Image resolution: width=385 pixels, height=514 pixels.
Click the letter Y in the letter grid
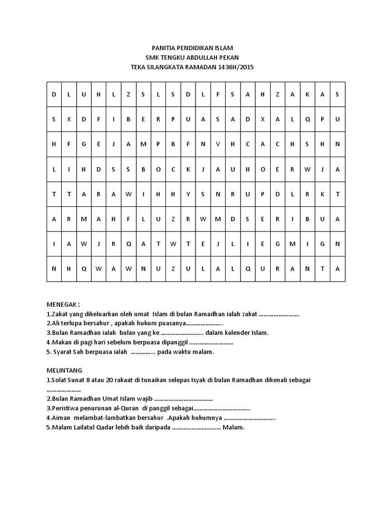[188, 194]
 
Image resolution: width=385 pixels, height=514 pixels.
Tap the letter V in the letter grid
[218, 144]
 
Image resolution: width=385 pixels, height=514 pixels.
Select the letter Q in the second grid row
[308, 119]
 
